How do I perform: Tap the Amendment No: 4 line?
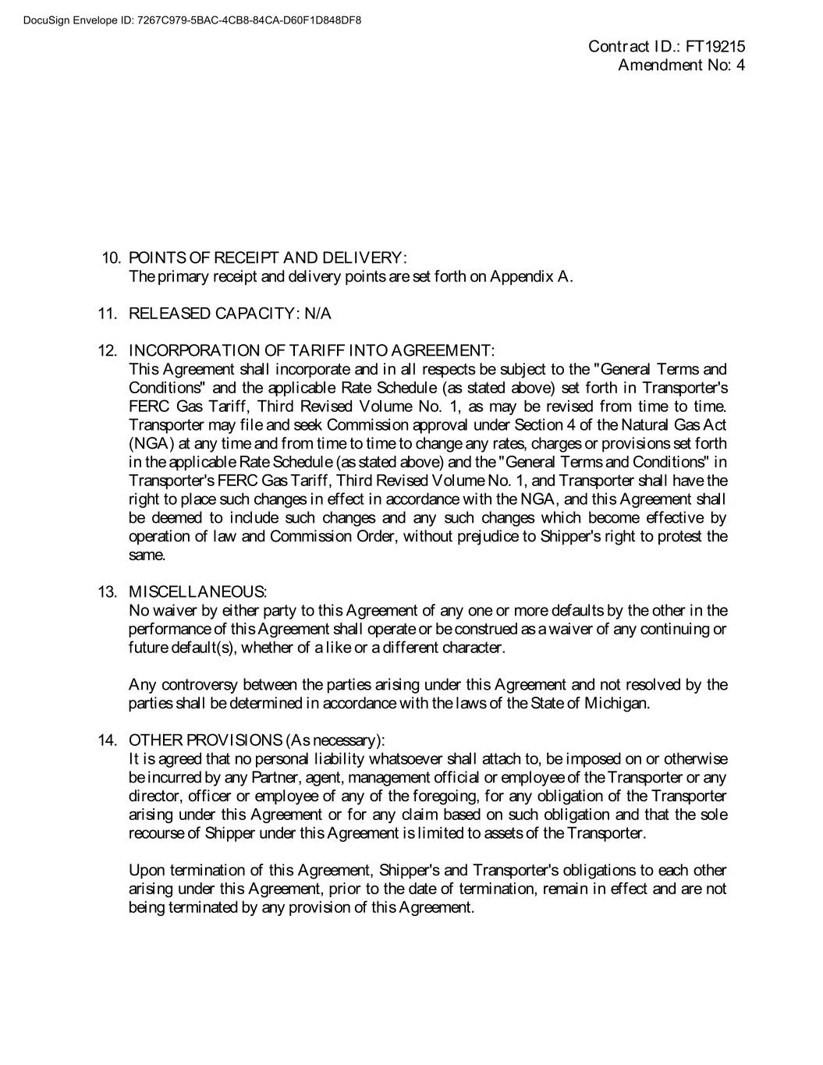[x=681, y=66]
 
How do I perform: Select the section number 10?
[x=112, y=258]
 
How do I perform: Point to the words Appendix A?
[x=531, y=277]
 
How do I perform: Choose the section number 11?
[x=107, y=314]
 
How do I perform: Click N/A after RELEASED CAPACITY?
[x=318, y=314]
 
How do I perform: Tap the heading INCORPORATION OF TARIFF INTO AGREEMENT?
[x=311, y=350]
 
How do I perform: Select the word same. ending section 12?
[x=147, y=556]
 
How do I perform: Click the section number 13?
[x=107, y=592]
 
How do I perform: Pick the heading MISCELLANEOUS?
[x=197, y=592]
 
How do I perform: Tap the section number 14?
[x=107, y=740]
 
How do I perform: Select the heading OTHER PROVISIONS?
[x=205, y=740]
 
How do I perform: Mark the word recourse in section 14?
[x=153, y=833]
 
